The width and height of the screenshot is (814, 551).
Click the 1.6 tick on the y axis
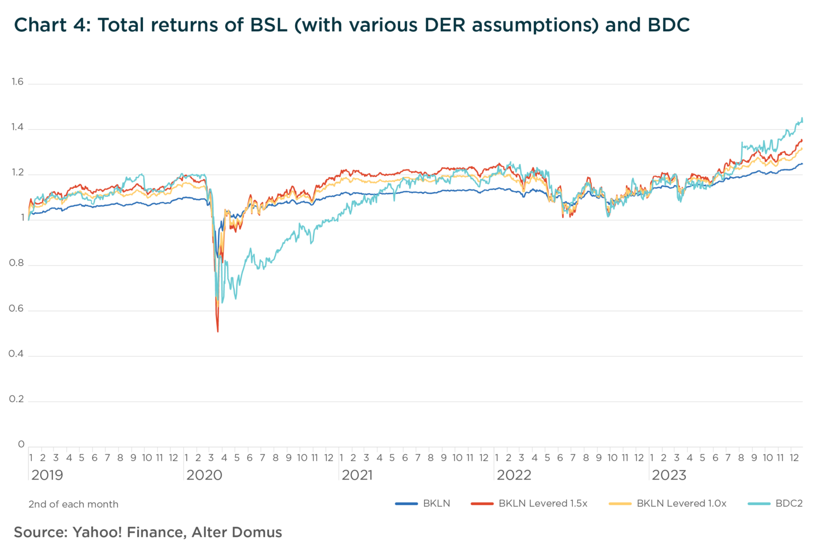17,82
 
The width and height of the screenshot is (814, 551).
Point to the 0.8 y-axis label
16,263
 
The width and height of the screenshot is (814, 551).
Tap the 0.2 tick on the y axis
16,399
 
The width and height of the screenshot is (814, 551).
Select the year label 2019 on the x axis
47,475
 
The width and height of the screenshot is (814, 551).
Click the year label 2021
357,475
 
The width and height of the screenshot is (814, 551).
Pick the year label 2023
669,475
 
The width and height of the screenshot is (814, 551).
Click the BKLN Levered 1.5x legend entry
543,503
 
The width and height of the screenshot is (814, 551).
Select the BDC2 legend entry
789,503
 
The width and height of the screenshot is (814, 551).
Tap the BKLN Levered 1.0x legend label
681,503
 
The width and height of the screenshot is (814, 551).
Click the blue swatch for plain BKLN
406,504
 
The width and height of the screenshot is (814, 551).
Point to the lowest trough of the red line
218,331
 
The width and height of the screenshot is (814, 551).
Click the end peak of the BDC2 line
802,118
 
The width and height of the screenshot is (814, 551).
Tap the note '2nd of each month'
73,504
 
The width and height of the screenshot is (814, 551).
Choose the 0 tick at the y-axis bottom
21,444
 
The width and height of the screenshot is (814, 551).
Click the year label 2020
204,475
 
